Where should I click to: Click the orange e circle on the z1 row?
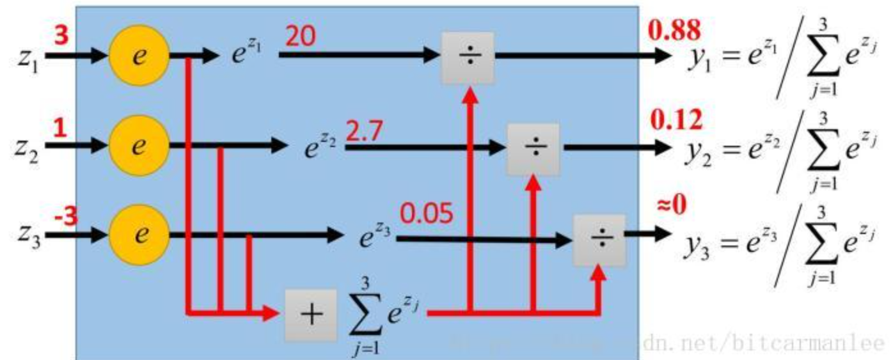[139, 56]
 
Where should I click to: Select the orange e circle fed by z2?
[139, 146]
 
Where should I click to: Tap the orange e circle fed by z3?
[139, 235]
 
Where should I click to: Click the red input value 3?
[61, 36]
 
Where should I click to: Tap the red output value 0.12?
[676, 120]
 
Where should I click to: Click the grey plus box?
[311, 315]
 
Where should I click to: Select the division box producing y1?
[468, 58]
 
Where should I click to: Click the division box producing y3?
[599, 240]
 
